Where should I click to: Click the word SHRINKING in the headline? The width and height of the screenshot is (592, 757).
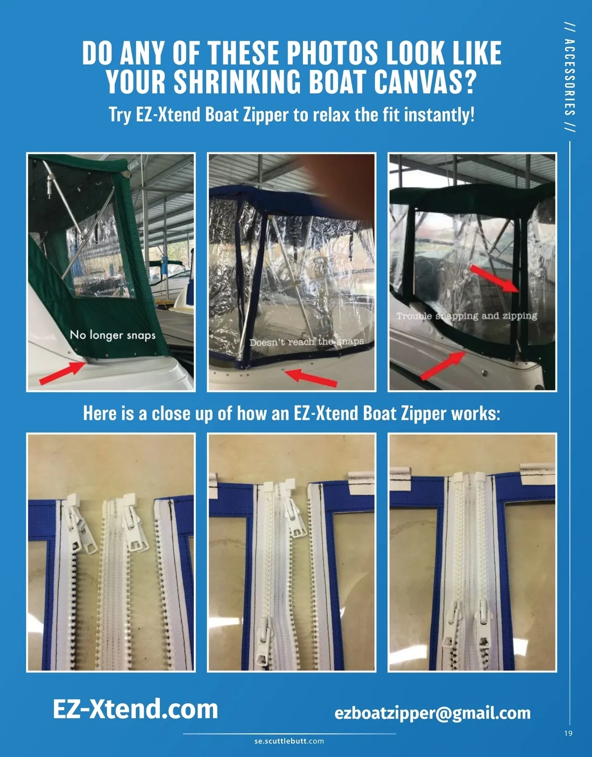click(x=237, y=81)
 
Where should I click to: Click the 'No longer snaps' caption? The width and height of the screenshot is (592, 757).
click(x=112, y=335)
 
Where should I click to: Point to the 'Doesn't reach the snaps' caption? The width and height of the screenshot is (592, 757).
click(x=307, y=342)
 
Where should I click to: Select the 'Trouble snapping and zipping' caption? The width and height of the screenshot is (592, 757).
click(x=467, y=316)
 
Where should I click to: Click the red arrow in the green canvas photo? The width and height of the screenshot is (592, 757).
click(x=63, y=373)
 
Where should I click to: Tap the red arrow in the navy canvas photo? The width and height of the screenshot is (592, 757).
click(x=311, y=378)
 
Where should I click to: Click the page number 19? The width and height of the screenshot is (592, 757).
click(x=568, y=733)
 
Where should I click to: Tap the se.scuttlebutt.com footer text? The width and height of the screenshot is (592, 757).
click(x=289, y=741)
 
